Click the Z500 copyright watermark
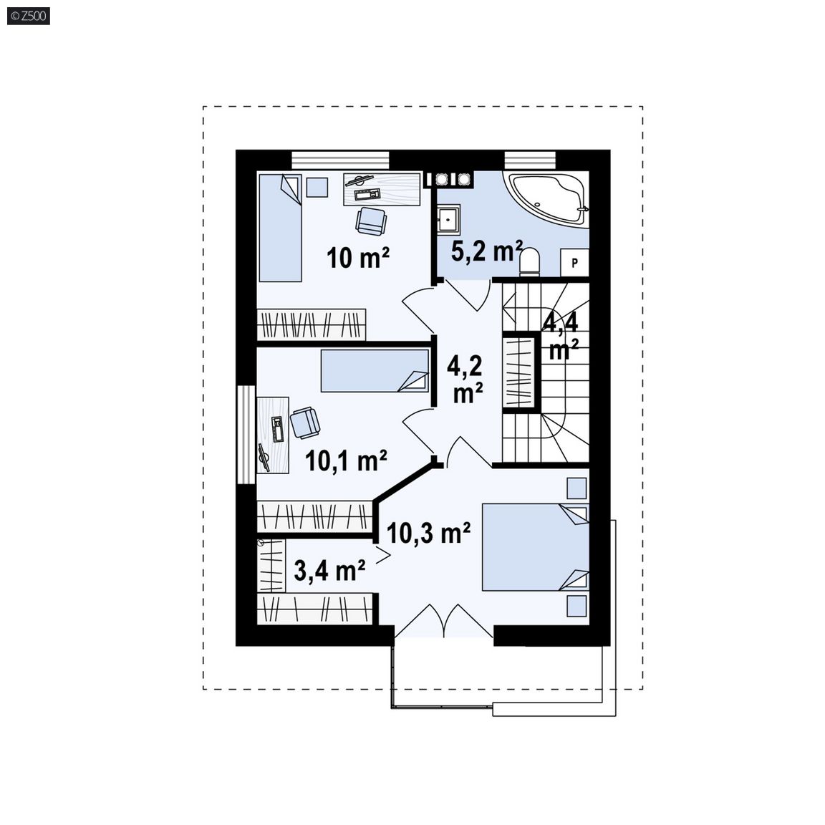click(x=29, y=16)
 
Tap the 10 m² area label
click(x=358, y=258)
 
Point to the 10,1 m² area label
click(x=346, y=460)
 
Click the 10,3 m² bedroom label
click(x=428, y=533)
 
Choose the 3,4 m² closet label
click(x=330, y=570)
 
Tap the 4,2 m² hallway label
click(x=465, y=379)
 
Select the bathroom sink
click(x=448, y=218)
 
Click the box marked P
click(x=574, y=262)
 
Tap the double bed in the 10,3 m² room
click(x=536, y=547)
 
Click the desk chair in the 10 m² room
click(x=372, y=221)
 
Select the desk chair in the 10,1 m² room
click(x=305, y=423)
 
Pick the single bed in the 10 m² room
click(x=280, y=228)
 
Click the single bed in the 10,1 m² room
click(x=375, y=371)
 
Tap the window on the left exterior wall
click(x=246, y=435)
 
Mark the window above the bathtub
click(x=530, y=160)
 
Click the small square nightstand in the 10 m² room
click(x=317, y=187)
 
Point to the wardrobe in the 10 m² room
click(x=312, y=324)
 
